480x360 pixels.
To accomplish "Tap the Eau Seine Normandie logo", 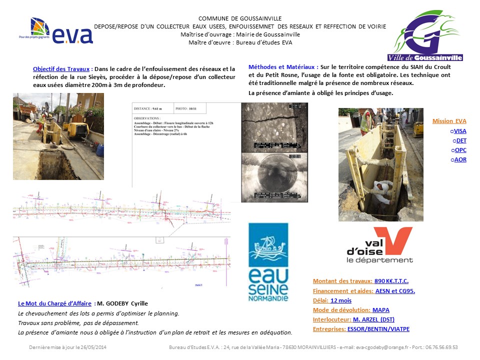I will (268, 262).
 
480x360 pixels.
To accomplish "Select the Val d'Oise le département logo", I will (379, 245).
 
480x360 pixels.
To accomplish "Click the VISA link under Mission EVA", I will (459, 130).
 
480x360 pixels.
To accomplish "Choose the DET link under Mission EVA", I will (461, 140).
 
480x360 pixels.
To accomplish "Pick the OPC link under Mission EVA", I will (460, 150).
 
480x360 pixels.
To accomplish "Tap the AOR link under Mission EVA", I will (460, 159).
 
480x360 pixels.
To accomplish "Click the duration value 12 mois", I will (341, 300).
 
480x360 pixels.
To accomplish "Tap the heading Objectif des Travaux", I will (61, 68).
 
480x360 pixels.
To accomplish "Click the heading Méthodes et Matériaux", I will (282, 67).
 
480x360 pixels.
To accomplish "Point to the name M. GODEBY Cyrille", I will (122, 303).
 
